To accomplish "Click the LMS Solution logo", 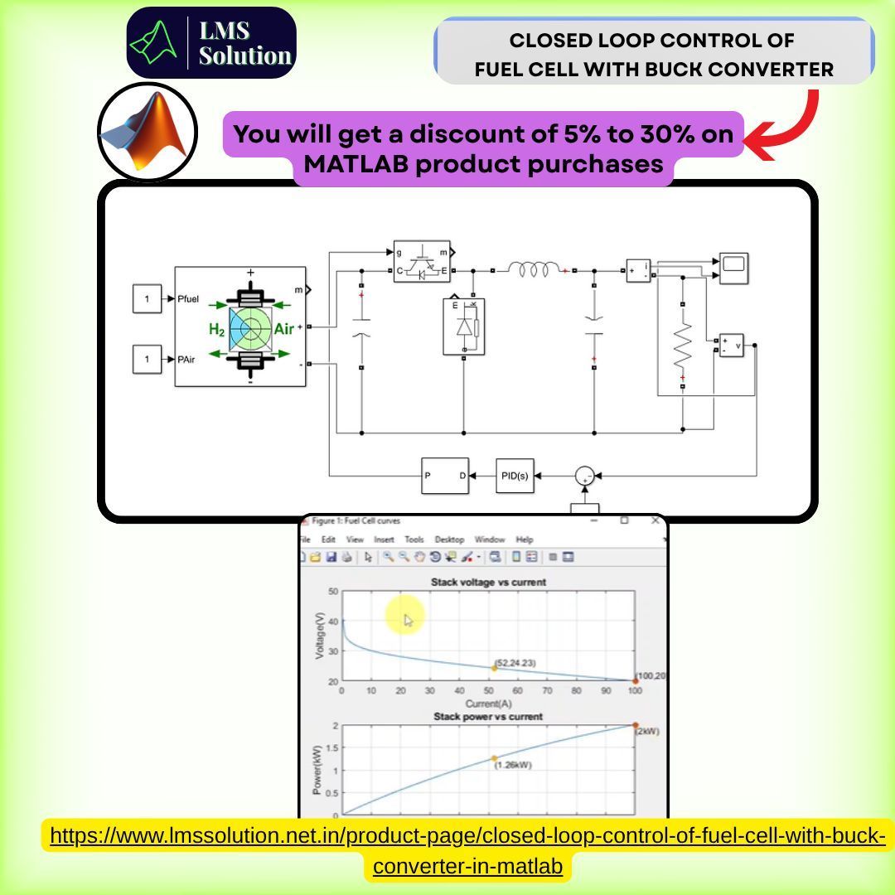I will (211, 43).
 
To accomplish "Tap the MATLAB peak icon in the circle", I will (148, 132).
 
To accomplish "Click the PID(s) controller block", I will (515, 476).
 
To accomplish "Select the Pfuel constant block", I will (148, 298).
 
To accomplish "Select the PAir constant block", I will (148, 360).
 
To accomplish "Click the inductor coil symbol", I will (534, 270).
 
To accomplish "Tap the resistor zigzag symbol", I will (682, 346).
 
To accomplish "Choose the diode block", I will (464, 326).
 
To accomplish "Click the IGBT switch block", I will (423, 263).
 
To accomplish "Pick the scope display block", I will (733, 268).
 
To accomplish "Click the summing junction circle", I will (585, 476).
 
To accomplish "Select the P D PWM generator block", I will (444, 476).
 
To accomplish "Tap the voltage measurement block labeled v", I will (732, 346).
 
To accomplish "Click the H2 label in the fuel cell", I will (216, 330).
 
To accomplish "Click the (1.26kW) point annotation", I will (512, 765).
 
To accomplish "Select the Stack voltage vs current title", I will (488, 582).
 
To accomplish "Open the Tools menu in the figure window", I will (414, 539).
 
